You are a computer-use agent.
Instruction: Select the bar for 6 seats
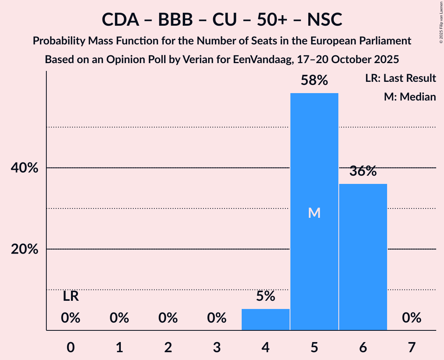(x=363, y=257)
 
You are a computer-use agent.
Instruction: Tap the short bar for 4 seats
(x=265, y=319)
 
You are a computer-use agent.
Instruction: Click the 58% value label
(x=314, y=81)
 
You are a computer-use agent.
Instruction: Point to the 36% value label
(x=363, y=171)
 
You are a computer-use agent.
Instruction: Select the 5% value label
(x=265, y=297)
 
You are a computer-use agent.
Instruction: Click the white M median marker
(x=314, y=213)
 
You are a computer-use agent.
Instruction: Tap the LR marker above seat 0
(x=71, y=297)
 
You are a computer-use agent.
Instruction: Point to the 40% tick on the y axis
(x=25, y=168)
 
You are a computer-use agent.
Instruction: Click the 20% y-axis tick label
(x=25, y=249)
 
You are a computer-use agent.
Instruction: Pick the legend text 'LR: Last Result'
(x=400, y=78)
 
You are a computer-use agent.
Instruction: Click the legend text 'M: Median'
(x=410, y=97)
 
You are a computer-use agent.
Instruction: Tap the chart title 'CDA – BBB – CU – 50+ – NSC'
(x=222, y=19)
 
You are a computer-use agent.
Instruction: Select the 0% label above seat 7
(x=412, y=318)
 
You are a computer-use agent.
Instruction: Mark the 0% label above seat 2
(x=168, y=318)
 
